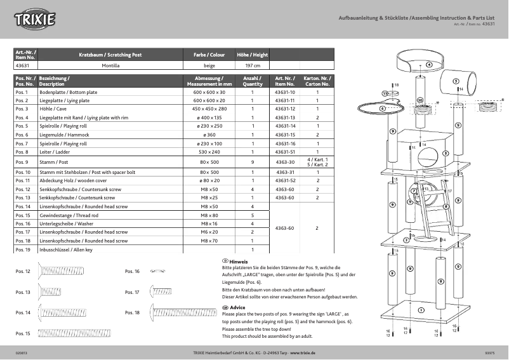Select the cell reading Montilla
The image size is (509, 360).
110,65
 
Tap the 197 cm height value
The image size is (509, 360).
252,65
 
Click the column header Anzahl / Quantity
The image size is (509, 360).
252,81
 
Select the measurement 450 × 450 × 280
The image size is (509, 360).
209,109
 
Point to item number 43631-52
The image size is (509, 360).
285,181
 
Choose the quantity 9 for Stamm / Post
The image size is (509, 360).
252,163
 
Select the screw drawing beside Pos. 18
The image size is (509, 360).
182,312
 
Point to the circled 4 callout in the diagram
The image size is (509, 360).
429,65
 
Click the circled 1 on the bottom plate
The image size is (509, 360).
420,310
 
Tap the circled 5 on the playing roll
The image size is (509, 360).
456,81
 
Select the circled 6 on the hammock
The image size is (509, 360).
382,108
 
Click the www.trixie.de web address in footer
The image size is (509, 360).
303,352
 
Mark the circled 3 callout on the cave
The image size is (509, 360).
446,153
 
